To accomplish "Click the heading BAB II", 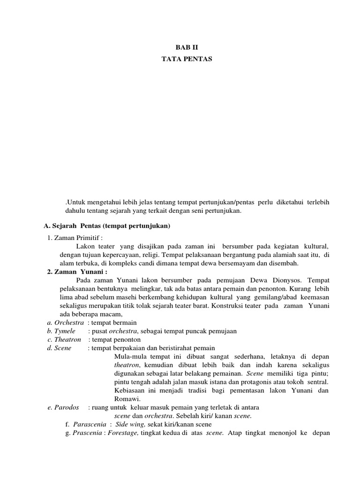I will (180, 47).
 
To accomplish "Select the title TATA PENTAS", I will (180, 59).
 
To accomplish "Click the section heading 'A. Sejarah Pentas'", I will (107, 226).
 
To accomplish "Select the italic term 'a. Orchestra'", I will (65, 322).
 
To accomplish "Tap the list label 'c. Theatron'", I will (64, 339).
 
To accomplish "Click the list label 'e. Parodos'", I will (63, 407).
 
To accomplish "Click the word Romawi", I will (125, 398).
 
